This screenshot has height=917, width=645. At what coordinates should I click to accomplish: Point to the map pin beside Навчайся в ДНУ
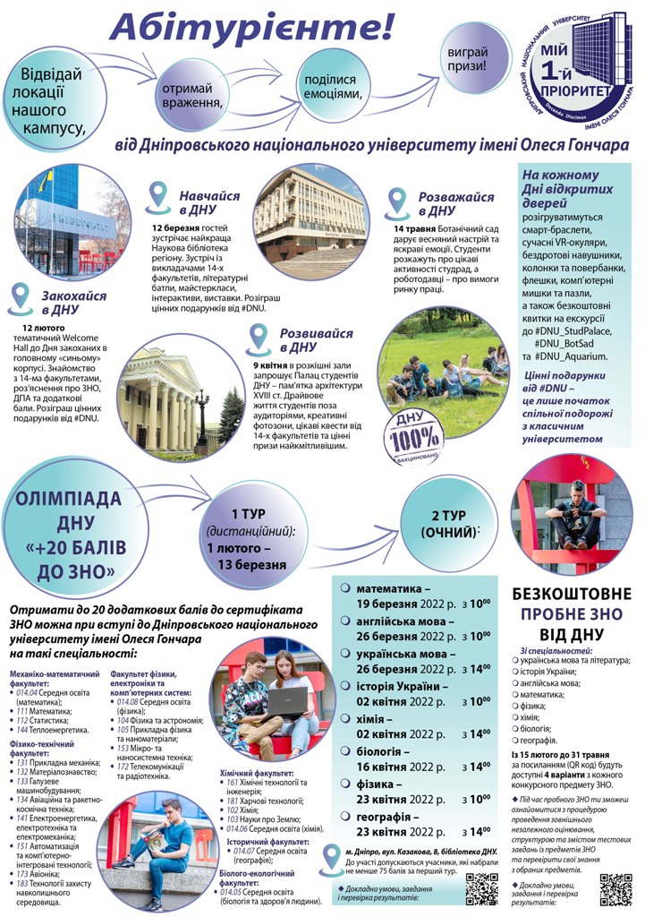[x=158, y=193]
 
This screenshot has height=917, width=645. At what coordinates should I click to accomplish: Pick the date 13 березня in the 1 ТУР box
[x=249, y=565]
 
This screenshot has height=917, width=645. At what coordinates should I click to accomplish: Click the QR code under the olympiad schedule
[x=482, y=892]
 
